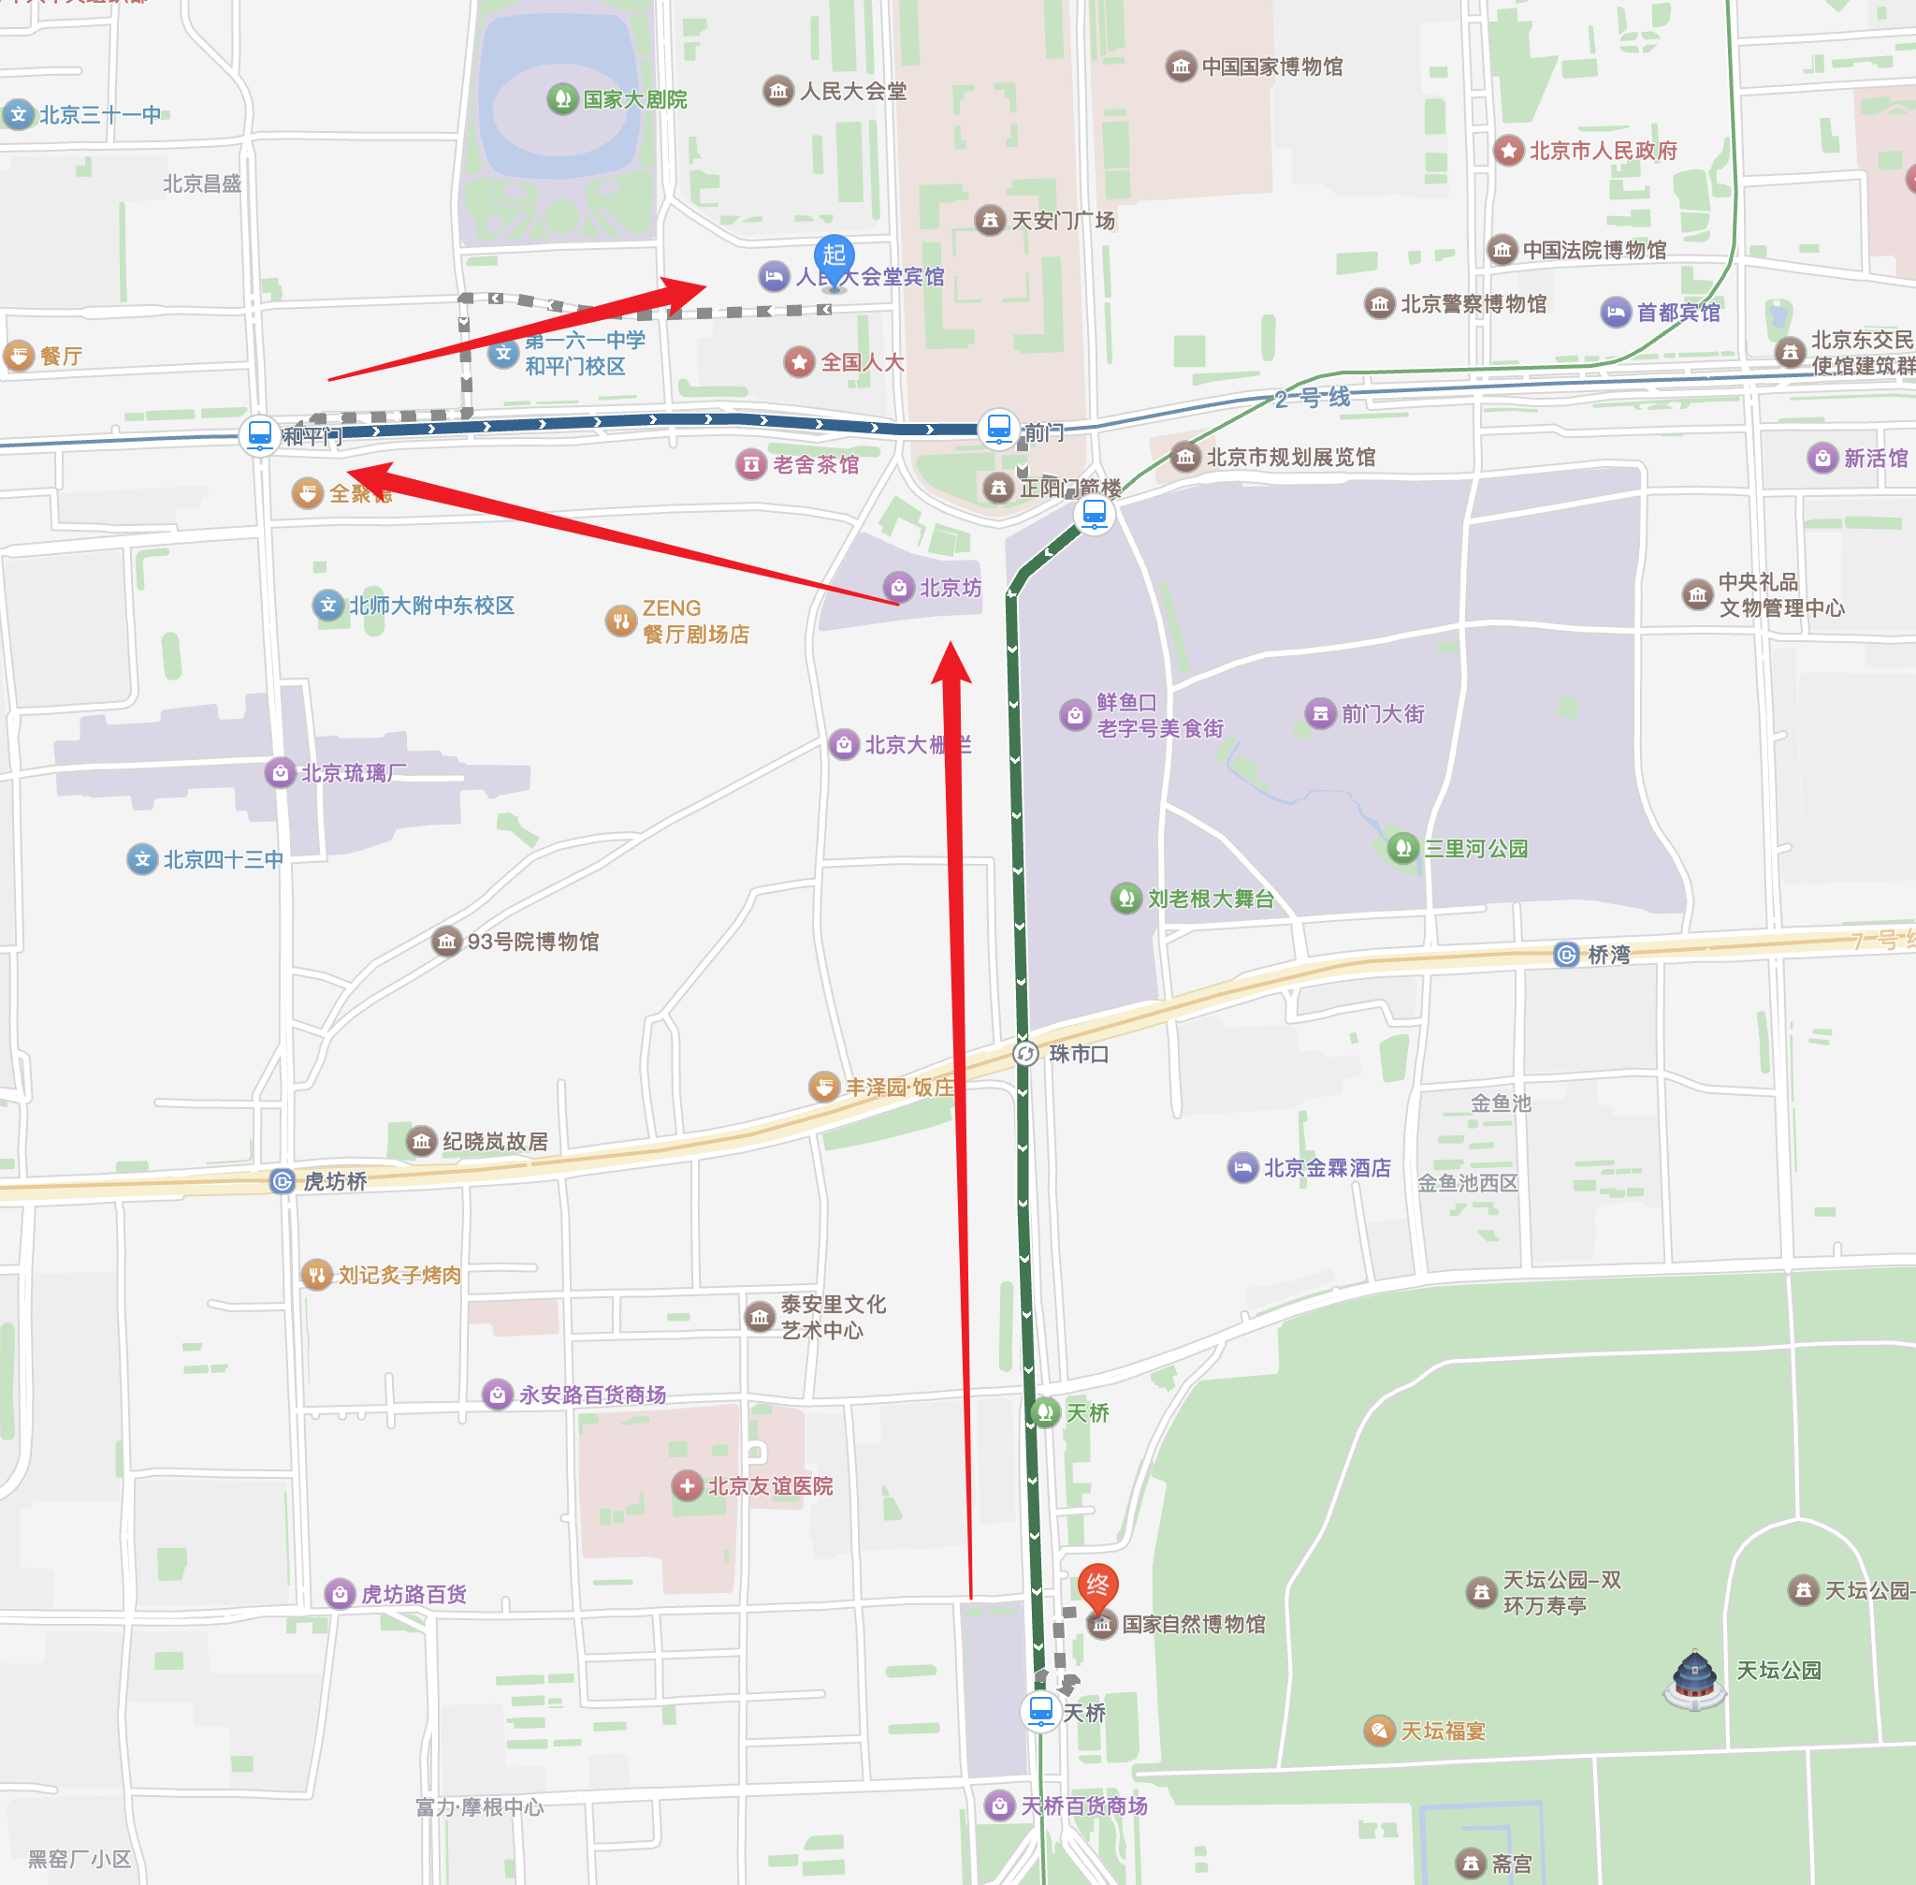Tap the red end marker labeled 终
pos(1097,1585)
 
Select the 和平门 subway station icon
pos(259,433)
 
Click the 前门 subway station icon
pos(998,428)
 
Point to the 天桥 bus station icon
pos(1040,1710)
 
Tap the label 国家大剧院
pos(634,99)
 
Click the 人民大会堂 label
pos(853,91)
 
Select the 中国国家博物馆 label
pos(1271,66)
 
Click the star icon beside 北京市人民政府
pos(1508,151)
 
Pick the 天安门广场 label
pos(1063,220)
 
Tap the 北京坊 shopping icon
pos(899,587)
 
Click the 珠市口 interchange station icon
pos(1026,1052)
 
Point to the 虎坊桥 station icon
pos(282,1180)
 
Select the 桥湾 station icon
pos(1567,955)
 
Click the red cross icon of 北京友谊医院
pos(687,1485)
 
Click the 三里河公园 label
pos(1475,849)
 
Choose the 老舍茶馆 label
pos(816,464)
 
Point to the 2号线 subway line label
pos(1313,398)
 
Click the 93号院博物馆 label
pos(532,942)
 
